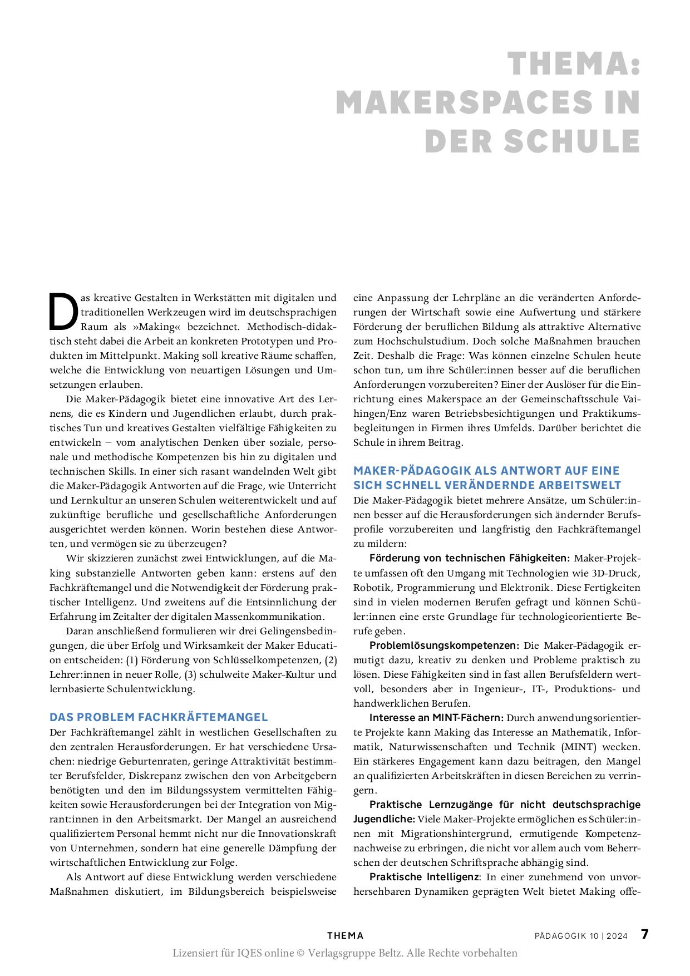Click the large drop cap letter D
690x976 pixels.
click(62, 312)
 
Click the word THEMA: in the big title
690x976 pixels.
click(574, 64)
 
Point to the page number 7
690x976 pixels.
click(644, 934)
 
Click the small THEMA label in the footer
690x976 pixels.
click(345, 936)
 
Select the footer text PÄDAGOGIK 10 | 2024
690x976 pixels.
click(581, 936)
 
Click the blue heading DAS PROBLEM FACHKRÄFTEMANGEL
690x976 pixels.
click(159, 717)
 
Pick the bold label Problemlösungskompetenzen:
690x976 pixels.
click(444, 645)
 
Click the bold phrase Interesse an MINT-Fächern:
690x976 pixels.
click(436, 718)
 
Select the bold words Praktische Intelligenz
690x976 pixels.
click(424, 877)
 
